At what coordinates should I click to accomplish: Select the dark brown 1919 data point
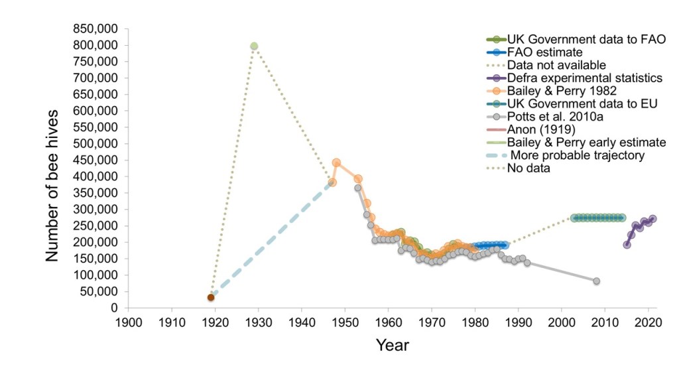tap(211, 297)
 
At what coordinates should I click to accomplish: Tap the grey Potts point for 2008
tap(596, 281)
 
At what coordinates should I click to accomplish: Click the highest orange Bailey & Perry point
tap(336, 163)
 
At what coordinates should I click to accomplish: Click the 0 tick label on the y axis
tap(114, 308)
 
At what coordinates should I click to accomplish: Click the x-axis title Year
tap(393, 346)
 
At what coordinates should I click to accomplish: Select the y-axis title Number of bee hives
tap(53, 169)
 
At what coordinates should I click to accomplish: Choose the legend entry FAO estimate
tap(544, 52)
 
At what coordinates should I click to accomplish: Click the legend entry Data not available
tap(556, 65)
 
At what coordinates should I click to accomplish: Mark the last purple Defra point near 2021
tap(652, 219)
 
